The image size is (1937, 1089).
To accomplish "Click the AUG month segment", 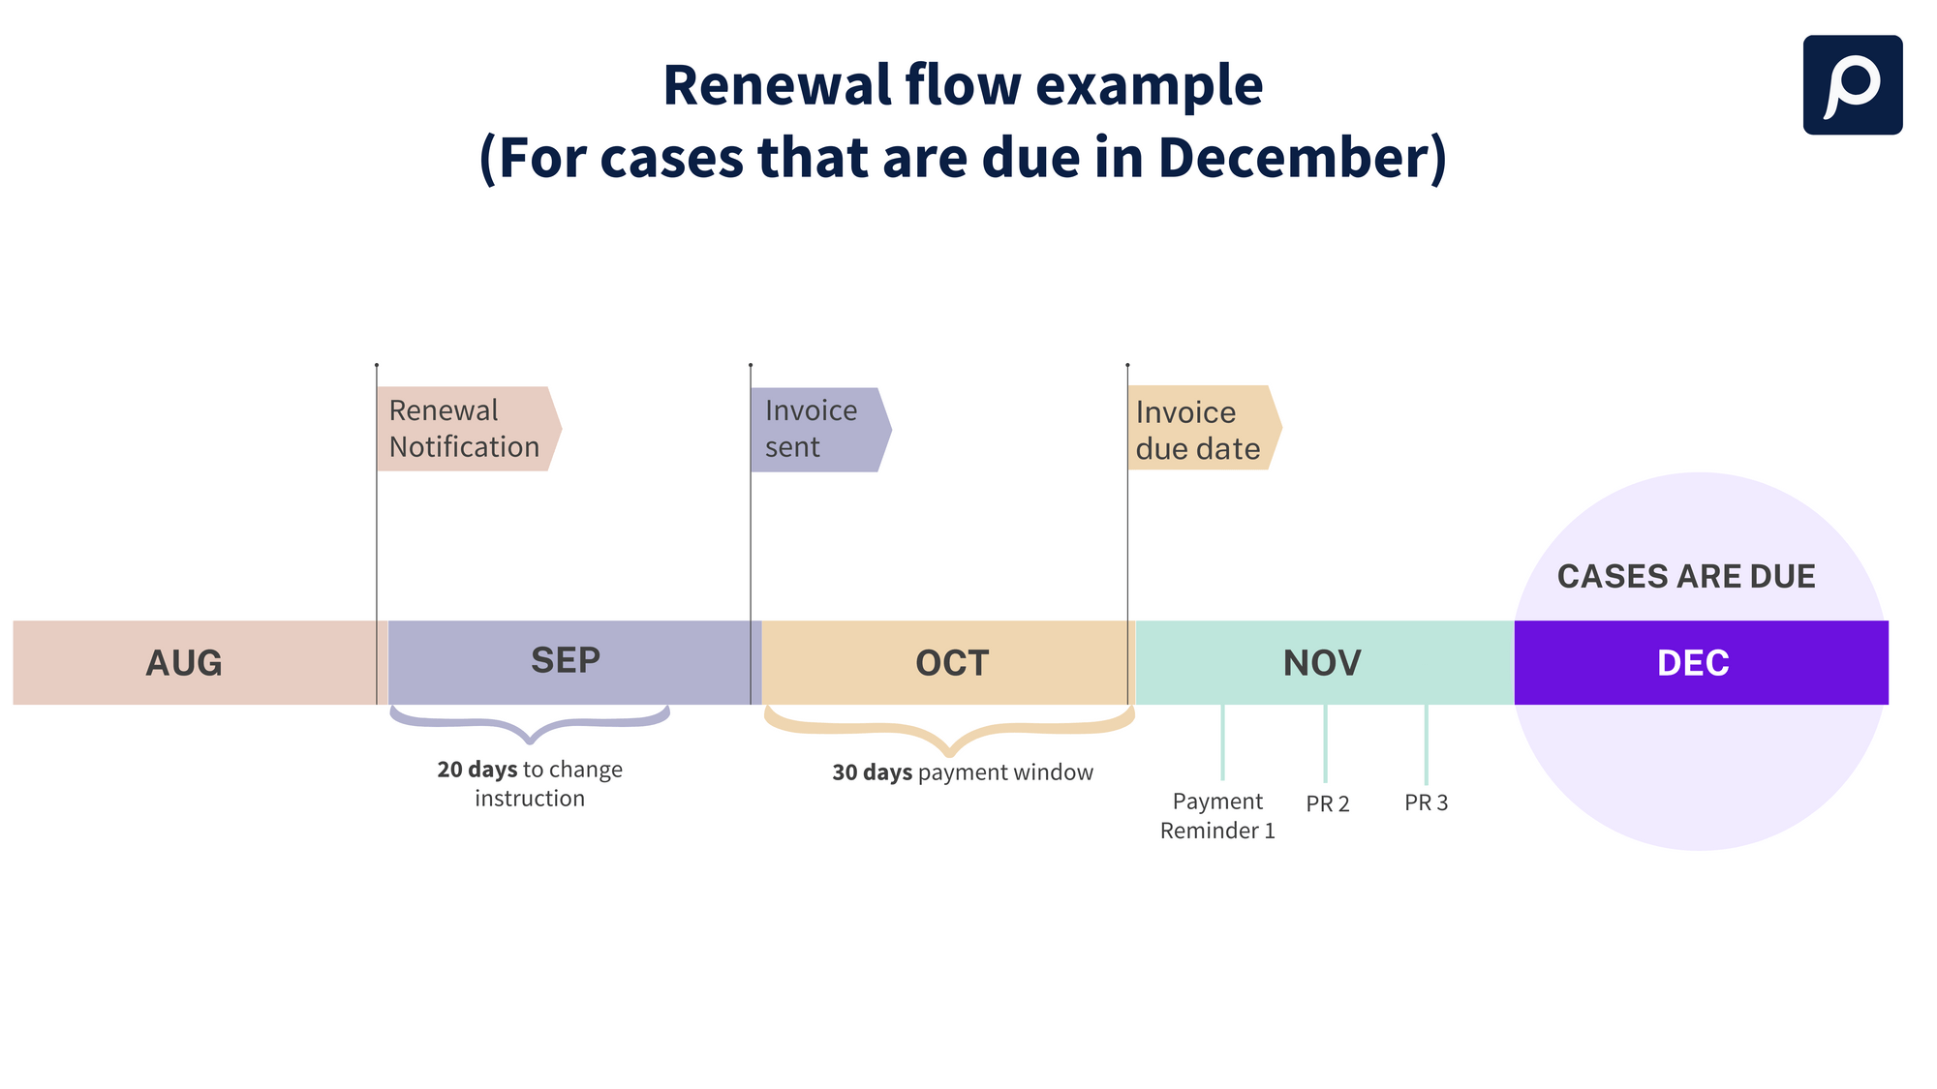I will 184,663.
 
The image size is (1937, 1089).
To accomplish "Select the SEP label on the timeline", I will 566,660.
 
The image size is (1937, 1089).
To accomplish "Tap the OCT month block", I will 952,663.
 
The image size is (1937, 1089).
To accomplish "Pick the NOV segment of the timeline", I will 1322,663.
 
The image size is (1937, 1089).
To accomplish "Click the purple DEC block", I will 1693,663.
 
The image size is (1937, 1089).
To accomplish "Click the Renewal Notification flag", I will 465,429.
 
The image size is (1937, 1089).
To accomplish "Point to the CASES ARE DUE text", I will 1685,576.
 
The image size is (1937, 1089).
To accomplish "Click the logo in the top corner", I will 1852,85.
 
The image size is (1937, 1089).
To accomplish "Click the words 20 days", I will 477,770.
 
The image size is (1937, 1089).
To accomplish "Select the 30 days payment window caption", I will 963,772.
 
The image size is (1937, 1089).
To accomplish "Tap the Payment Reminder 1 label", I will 1217,815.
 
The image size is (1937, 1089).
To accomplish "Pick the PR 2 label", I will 1327,803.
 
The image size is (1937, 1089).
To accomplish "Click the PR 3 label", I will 1426,802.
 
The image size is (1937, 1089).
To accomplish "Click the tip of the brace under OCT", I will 950,752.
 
